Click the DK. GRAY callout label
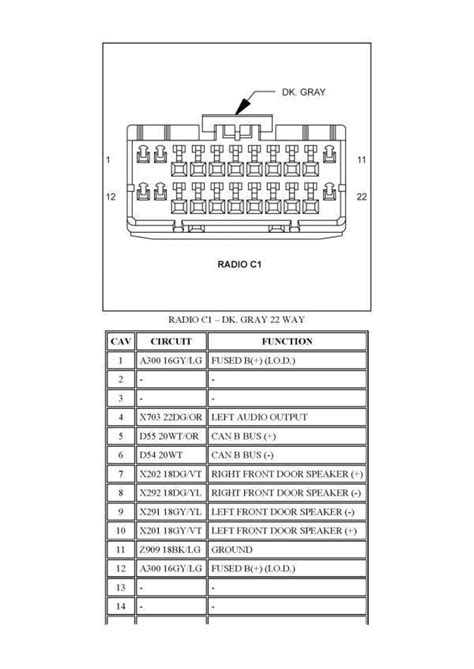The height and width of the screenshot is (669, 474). [x=303, y=92]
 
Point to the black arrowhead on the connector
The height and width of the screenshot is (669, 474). [x=243, y=106]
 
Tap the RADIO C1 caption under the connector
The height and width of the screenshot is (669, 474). [x=239, y=264]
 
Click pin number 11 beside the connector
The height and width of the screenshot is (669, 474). [x=361, y=160]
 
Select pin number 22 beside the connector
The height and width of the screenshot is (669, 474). [x=361, y=197]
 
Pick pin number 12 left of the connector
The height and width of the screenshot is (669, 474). [x=111, y=197]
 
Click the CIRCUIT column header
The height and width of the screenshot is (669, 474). [x=171, y=341]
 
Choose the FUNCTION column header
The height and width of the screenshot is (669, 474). [x=287, y=341]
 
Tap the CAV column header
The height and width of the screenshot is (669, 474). [x=121, y=341]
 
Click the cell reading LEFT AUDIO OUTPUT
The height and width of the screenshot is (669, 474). [x=259, y=417]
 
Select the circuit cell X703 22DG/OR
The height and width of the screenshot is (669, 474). [x=171, y=417]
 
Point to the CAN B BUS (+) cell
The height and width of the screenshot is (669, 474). [x=244, y=436]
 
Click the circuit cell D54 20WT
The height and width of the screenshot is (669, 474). [x=160, y=455]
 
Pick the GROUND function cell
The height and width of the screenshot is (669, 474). [x=232, y=550]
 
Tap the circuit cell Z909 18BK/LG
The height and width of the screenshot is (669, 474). [x=170, y=550]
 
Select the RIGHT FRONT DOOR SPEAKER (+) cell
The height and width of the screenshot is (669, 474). [x=287, y=474]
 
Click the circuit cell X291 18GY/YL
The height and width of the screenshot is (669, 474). [x=170, y=512]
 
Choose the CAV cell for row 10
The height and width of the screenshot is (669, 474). [x=121, y=531]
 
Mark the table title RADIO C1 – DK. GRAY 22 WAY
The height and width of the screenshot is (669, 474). [x=236, y=319]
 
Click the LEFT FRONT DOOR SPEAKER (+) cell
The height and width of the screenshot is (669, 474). [x=284, y=531]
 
